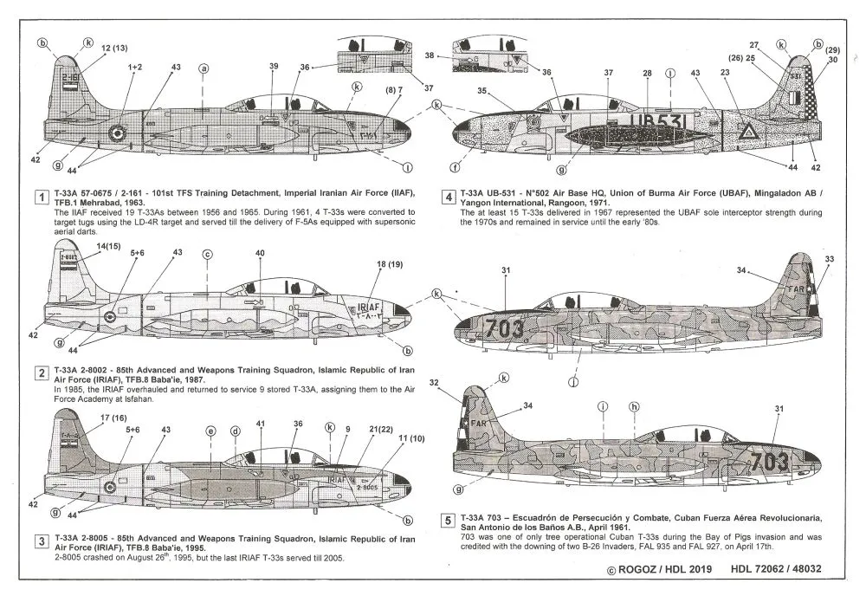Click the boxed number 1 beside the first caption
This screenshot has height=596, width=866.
pyautogui.click(x=40, y=198)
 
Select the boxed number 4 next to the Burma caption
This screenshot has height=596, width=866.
pyautogui.click(x=448, y=198)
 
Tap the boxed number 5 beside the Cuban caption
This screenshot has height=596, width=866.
pyautogui.click(x=447, y=521)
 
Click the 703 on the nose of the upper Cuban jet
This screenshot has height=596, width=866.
pyautogui.click(x=504, y=327)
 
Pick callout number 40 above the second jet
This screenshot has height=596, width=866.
pyautogui.click(x=260, y=253)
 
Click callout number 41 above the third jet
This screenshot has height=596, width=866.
pyautogui.click(x=261, y=424)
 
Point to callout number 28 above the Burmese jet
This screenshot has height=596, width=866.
pyautogui.click(x=646, y=74)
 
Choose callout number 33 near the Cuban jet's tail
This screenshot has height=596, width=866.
pyautogui.click(x=829, y=259)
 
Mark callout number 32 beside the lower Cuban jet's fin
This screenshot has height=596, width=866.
pyautogui.click(x=458, y=382)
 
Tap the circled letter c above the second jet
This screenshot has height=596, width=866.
pyautogui.click(x=207, y=254)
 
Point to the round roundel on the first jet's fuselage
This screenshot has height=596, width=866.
pyautogui.click(x=117, y=132)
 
